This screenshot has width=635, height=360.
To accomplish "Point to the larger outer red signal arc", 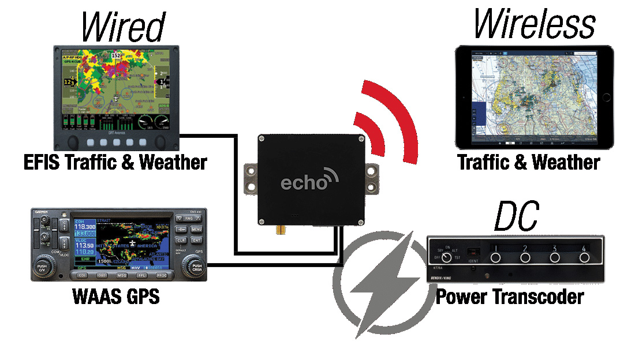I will tap(401, 119).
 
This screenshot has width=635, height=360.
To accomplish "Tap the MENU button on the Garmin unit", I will tap(196, 229).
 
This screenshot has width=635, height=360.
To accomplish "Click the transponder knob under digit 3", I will tap(554, 258).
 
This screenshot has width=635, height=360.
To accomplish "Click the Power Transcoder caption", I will tap(509, 297).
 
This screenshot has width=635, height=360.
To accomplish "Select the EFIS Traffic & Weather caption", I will tap(115, 162).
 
